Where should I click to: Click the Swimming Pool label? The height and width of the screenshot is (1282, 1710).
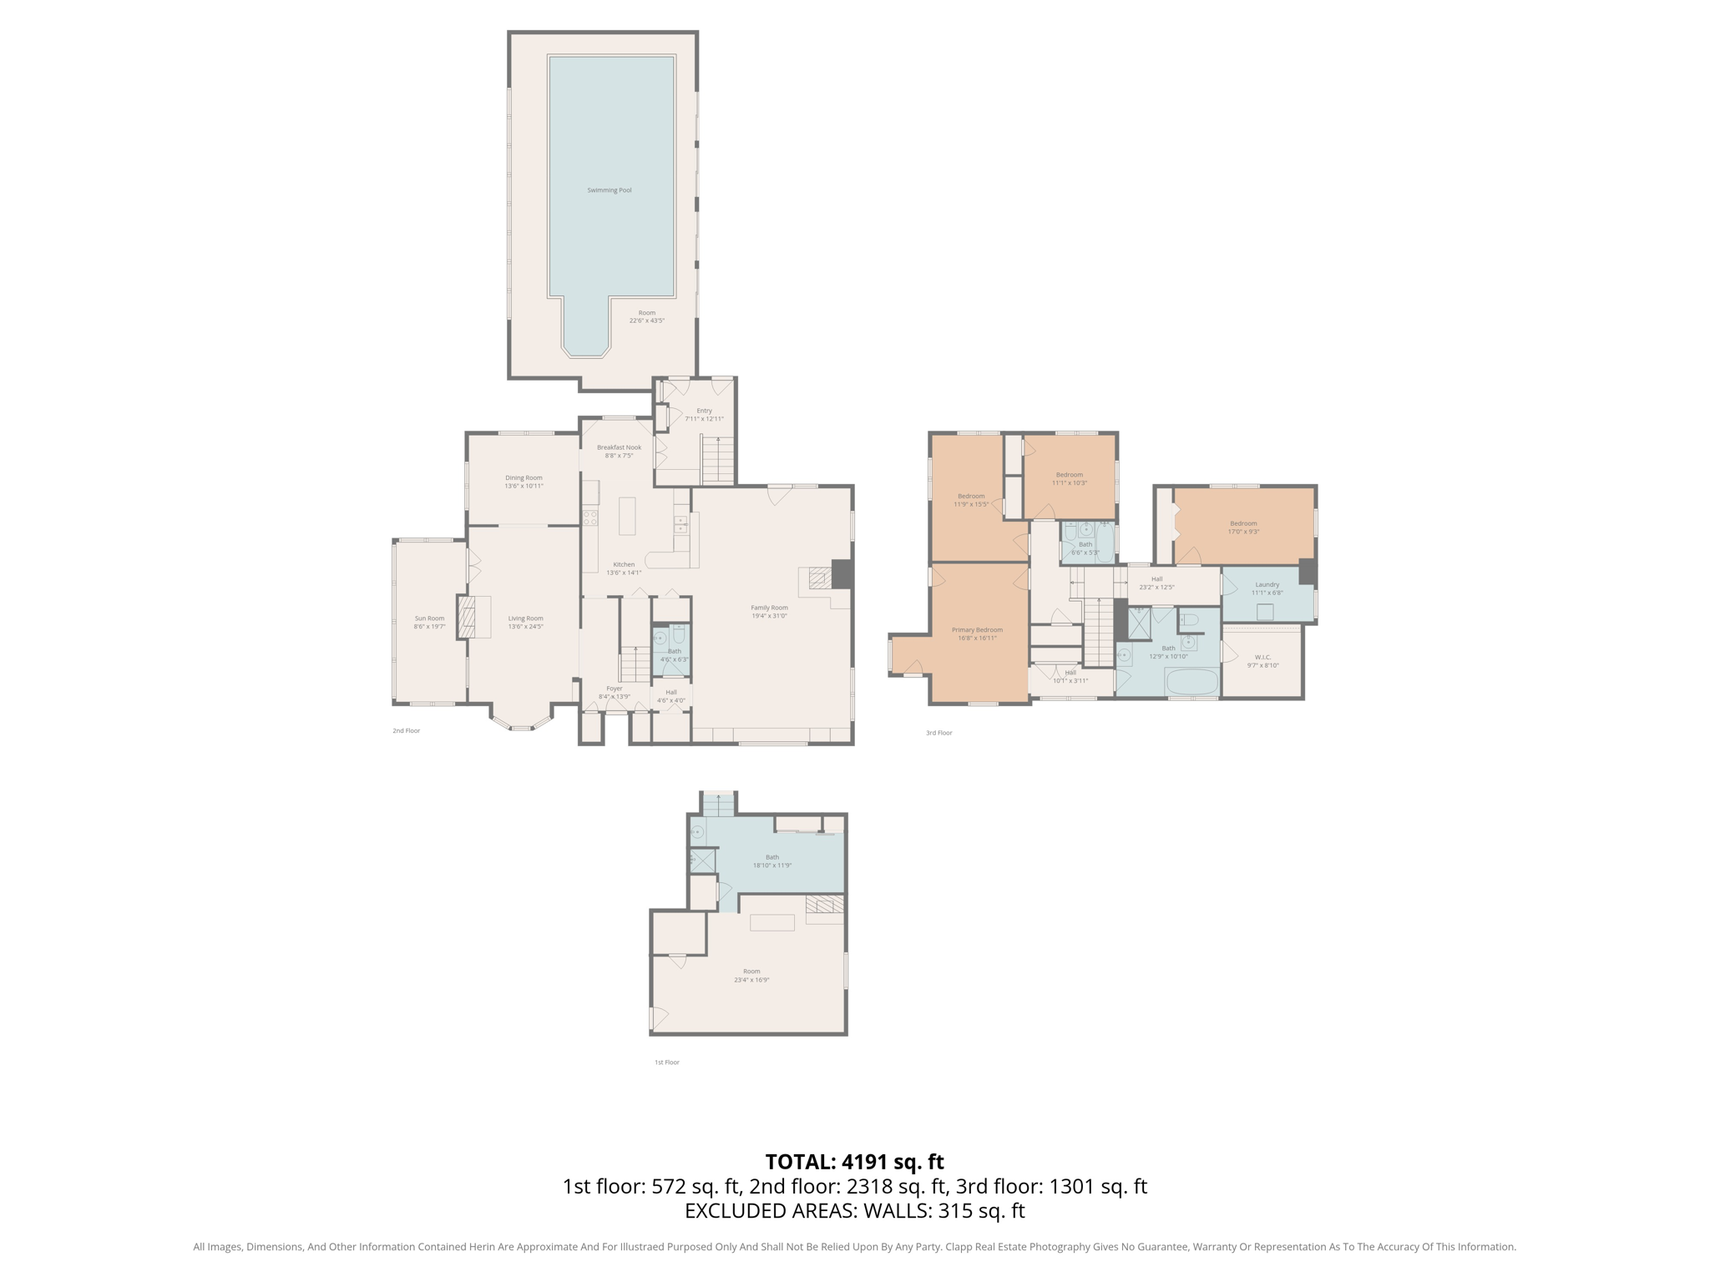[x=609, y=190]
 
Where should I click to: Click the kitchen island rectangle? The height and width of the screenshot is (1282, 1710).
[x=626, y=516]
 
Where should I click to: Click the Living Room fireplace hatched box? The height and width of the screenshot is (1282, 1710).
[x=466, y=617]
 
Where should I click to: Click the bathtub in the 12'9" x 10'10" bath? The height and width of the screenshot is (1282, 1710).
[x=1192, y=682]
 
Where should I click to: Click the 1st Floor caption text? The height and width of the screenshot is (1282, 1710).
[x=666, y=1062]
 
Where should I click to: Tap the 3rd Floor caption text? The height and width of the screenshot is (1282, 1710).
[x=938, y=733]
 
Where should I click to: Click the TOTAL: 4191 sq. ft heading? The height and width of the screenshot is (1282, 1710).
[x=854, y=1162]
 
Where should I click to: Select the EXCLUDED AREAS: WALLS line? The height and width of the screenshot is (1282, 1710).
[x=854, y=1211]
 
